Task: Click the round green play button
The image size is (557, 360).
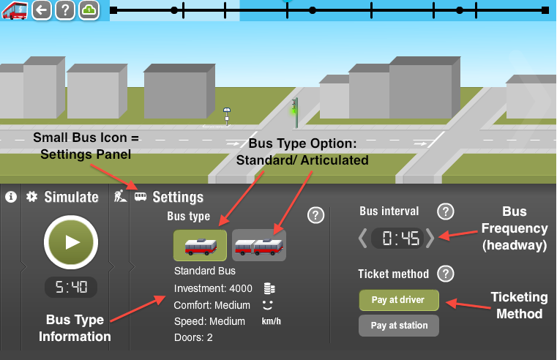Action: [x=71, y=242]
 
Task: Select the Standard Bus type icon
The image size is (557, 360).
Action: [x=200, y=245]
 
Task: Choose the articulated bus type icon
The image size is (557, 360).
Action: [x=259, y=245]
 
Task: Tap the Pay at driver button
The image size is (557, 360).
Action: [x=399, y=300]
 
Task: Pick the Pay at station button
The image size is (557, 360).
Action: [x=399, y=326]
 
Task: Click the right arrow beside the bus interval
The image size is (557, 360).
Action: [x=430, y=238]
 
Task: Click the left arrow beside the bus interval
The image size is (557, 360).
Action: [x=363, y=238]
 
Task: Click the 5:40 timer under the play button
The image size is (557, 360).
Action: [x=71, y=287]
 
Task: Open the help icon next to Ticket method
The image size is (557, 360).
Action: [x=446, y=274]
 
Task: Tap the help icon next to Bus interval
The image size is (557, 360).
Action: [x=446, y=211]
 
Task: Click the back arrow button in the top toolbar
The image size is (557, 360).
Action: [x=42, y=10]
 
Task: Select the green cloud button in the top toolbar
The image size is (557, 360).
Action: [x=89, y=10]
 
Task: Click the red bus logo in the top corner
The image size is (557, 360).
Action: [x=15, y=11]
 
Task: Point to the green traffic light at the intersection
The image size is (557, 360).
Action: [x=295, y=113]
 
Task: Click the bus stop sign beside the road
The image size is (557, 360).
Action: [x=227, y=116]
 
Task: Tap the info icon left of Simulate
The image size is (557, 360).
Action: [x=11, y=197]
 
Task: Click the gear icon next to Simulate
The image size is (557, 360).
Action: [x=32, y=197]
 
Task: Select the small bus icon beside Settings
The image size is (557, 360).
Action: [x=141, y=197]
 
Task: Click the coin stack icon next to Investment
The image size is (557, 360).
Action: [x=269, y=288]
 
